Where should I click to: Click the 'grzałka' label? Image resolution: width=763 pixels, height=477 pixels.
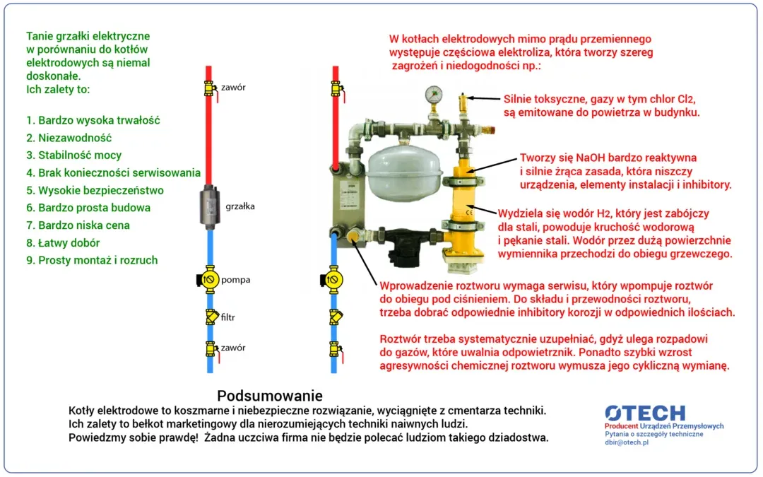point(240,207)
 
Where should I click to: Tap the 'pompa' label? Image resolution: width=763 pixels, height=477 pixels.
point(235,280)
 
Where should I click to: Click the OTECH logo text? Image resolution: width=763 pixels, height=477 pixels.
point(644,413)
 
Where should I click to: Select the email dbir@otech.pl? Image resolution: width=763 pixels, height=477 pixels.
point(626,442)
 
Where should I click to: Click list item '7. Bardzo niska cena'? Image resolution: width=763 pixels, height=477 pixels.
point(78,225)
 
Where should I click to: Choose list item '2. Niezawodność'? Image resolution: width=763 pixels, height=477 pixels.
point(69,138)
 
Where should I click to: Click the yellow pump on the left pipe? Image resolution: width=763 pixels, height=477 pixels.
point(208,280)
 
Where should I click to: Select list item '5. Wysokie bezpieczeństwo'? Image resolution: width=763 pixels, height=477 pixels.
point(95,190)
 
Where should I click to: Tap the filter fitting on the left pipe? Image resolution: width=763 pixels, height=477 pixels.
point(210,317)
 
